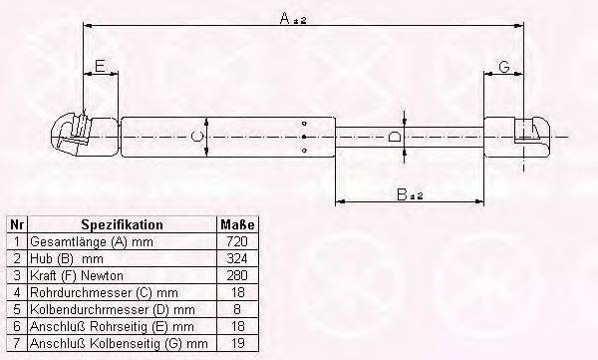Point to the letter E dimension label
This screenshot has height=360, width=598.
point(99,67)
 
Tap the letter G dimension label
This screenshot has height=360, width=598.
point(504,67)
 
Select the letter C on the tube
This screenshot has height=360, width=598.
point(196,136)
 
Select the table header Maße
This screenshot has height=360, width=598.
point(237,225)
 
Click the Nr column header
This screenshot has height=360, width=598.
point(16,225)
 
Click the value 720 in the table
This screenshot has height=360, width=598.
point(237,241)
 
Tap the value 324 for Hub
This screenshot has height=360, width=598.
point(237,257)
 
